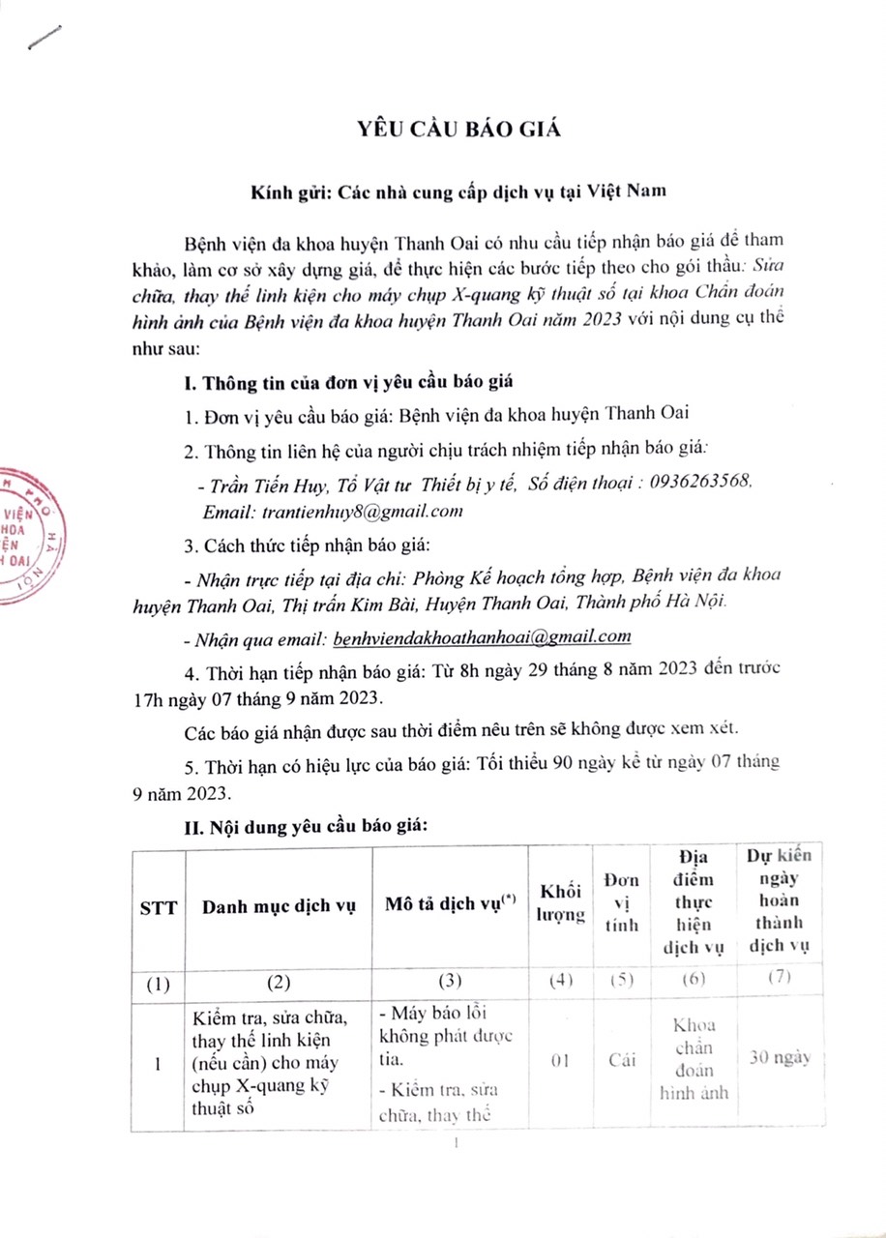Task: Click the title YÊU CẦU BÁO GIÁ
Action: pos(447,131)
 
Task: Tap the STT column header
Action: pos(158,908)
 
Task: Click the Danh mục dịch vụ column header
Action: pos(280,908)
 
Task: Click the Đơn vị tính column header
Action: pos(620,902)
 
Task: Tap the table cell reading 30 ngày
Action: pos(779,1056)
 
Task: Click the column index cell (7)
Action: pos(779,979)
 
